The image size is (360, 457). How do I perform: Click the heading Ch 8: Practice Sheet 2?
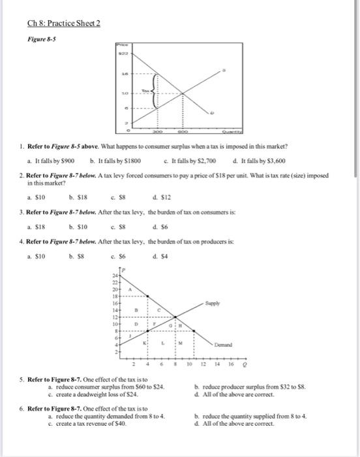coord(64,25)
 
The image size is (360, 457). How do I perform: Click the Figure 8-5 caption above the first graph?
coord(40,39)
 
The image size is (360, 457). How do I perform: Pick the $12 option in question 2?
coord(159,193)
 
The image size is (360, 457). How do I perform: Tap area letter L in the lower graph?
coord(162,339)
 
